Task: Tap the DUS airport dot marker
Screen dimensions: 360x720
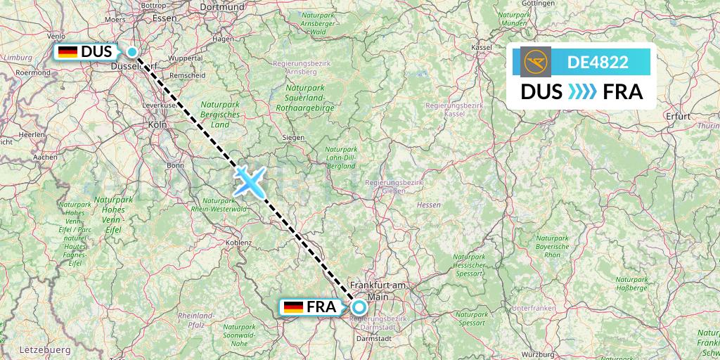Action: pyautogui.click(x=132, y=51)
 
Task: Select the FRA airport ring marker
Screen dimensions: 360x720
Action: pyautogui.click(x=359, y=307)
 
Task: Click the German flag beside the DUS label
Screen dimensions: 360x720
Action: pyautogui.click(x=67, y=52)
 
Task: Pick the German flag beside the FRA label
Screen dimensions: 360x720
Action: pyautogui.click(x=293, y=307)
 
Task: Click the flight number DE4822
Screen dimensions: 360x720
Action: pyautogui.click(x=598, y=63)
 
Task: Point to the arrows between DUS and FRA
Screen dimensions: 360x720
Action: pyautogui.click(x=581, y=92)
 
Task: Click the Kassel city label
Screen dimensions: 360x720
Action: pyautogui.click(x=482, y=47)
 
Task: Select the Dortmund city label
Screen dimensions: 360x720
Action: pyautogui.click(x=221, y=6)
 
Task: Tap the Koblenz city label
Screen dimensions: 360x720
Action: pyautogui.click(x=239, y=243)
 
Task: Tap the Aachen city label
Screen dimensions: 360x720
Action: pyautogui.click(x=45, y=157)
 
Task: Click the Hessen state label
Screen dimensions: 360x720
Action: pyautogui.click(x=429, y=205)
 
